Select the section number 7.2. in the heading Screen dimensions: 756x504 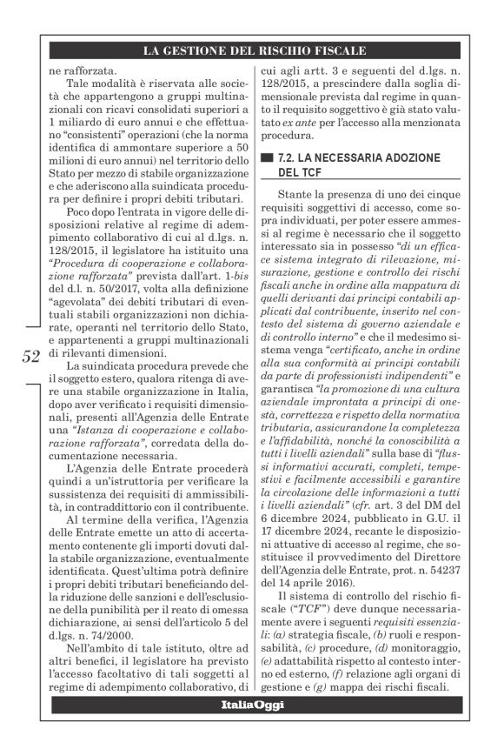point(290,157)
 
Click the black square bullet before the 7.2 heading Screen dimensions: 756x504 point(266,157)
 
